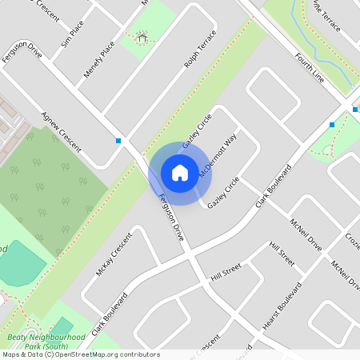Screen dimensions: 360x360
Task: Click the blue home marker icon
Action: click(180, 173)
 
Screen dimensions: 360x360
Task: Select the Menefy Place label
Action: click(99, 59)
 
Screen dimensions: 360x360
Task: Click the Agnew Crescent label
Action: click(62, 131)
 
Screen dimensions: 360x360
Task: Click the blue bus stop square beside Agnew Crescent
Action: click(118, 141)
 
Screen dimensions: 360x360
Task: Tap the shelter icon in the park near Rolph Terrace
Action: click(142, 37)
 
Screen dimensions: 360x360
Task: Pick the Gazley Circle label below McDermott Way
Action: click(223, 193)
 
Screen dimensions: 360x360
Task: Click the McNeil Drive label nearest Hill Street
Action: click(306, 234)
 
